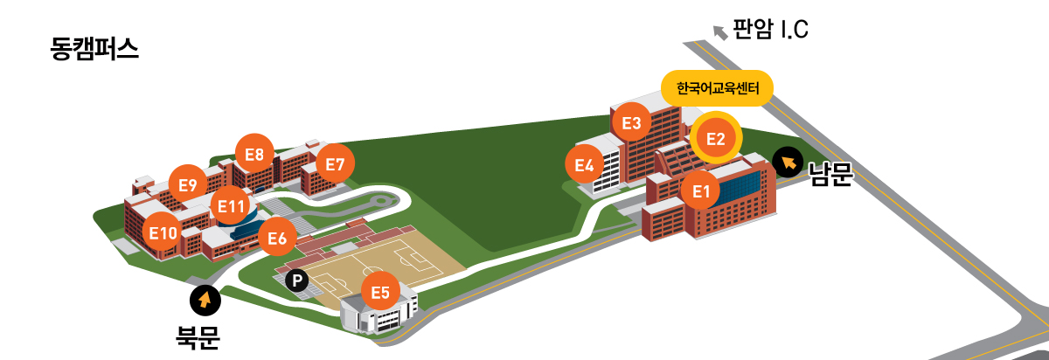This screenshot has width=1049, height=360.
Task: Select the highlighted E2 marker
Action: [716, 139]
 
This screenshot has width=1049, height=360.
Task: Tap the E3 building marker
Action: [632, 123]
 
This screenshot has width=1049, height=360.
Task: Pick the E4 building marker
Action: [585, 164]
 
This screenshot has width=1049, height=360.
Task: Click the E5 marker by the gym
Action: [380, 292]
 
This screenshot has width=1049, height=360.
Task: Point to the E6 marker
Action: [277, 238]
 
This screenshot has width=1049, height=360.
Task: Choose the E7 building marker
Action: [335, 163]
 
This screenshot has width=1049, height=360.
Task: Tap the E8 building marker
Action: [254, 155]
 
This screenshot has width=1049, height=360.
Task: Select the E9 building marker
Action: [187, 184]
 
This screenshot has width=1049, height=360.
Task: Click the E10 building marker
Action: [163, 232]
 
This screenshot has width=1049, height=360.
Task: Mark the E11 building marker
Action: [231, 206]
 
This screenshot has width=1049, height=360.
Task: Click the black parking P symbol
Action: [297, 280]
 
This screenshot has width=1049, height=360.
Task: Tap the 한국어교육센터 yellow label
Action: [718, 88]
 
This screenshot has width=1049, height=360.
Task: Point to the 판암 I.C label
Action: [770, 31]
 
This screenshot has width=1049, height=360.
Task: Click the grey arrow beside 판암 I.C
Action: [720, 33]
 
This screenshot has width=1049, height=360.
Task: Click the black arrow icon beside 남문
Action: [788, 162]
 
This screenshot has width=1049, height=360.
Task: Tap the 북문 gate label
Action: [198, 337]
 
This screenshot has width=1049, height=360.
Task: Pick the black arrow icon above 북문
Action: [205, 301]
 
